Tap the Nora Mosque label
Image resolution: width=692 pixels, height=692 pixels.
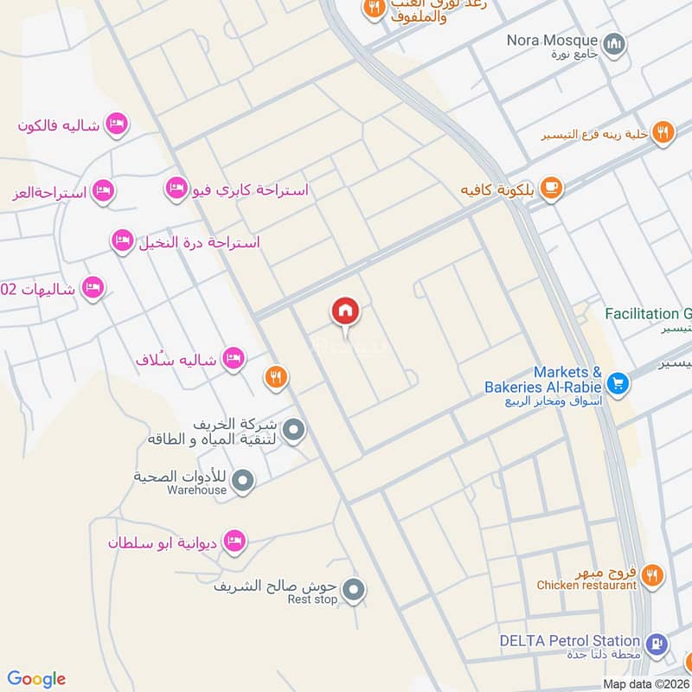pyautogui.click(x=554, y=41)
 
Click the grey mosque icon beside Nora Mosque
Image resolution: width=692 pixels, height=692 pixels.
pyautogui.click(x=614, y=43)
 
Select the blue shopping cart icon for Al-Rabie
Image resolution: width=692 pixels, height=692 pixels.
pyautogui.click(x=618, y=382)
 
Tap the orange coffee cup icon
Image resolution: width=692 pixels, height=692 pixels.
pyautogui.click(x=550, y=187)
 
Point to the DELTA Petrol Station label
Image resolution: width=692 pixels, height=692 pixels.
pyautogui.click(x=569, y=641)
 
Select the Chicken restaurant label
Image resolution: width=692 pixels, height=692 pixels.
pyautogui.click(x=586, y=586)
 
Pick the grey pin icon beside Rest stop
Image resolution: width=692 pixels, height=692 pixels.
pyautogui.click(x=353, y=592)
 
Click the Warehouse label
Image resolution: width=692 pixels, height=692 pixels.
pyautogui.click(x=197, y=490)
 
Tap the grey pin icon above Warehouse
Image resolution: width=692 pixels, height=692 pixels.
pyautogui.click(x=244, y=479)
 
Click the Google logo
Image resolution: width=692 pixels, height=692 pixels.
pyautogui.click(x=37, y=679)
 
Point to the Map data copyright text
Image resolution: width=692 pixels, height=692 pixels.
pyautogui.click(x=646, y=684)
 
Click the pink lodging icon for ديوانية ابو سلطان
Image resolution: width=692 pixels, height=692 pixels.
pyautogui.click(x=233, y=542)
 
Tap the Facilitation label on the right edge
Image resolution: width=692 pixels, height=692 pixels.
pyautogui.click(x=648, y=314)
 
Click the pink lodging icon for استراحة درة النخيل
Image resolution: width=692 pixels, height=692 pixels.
pyautogui.click(x=123, y=241)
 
